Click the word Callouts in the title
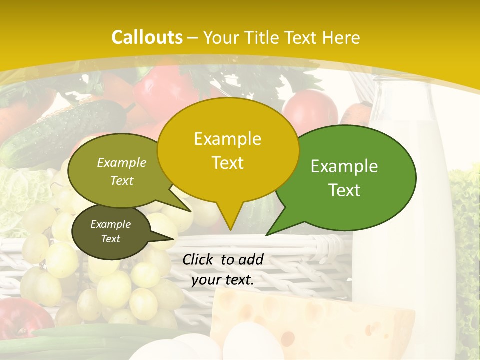coord(147,37)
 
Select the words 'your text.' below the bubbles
coord(223,280)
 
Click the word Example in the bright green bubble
coord(344,166)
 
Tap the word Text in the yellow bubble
coord(227,163)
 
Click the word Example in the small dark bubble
coord(110,224)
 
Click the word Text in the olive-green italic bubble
coord(122,180)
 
